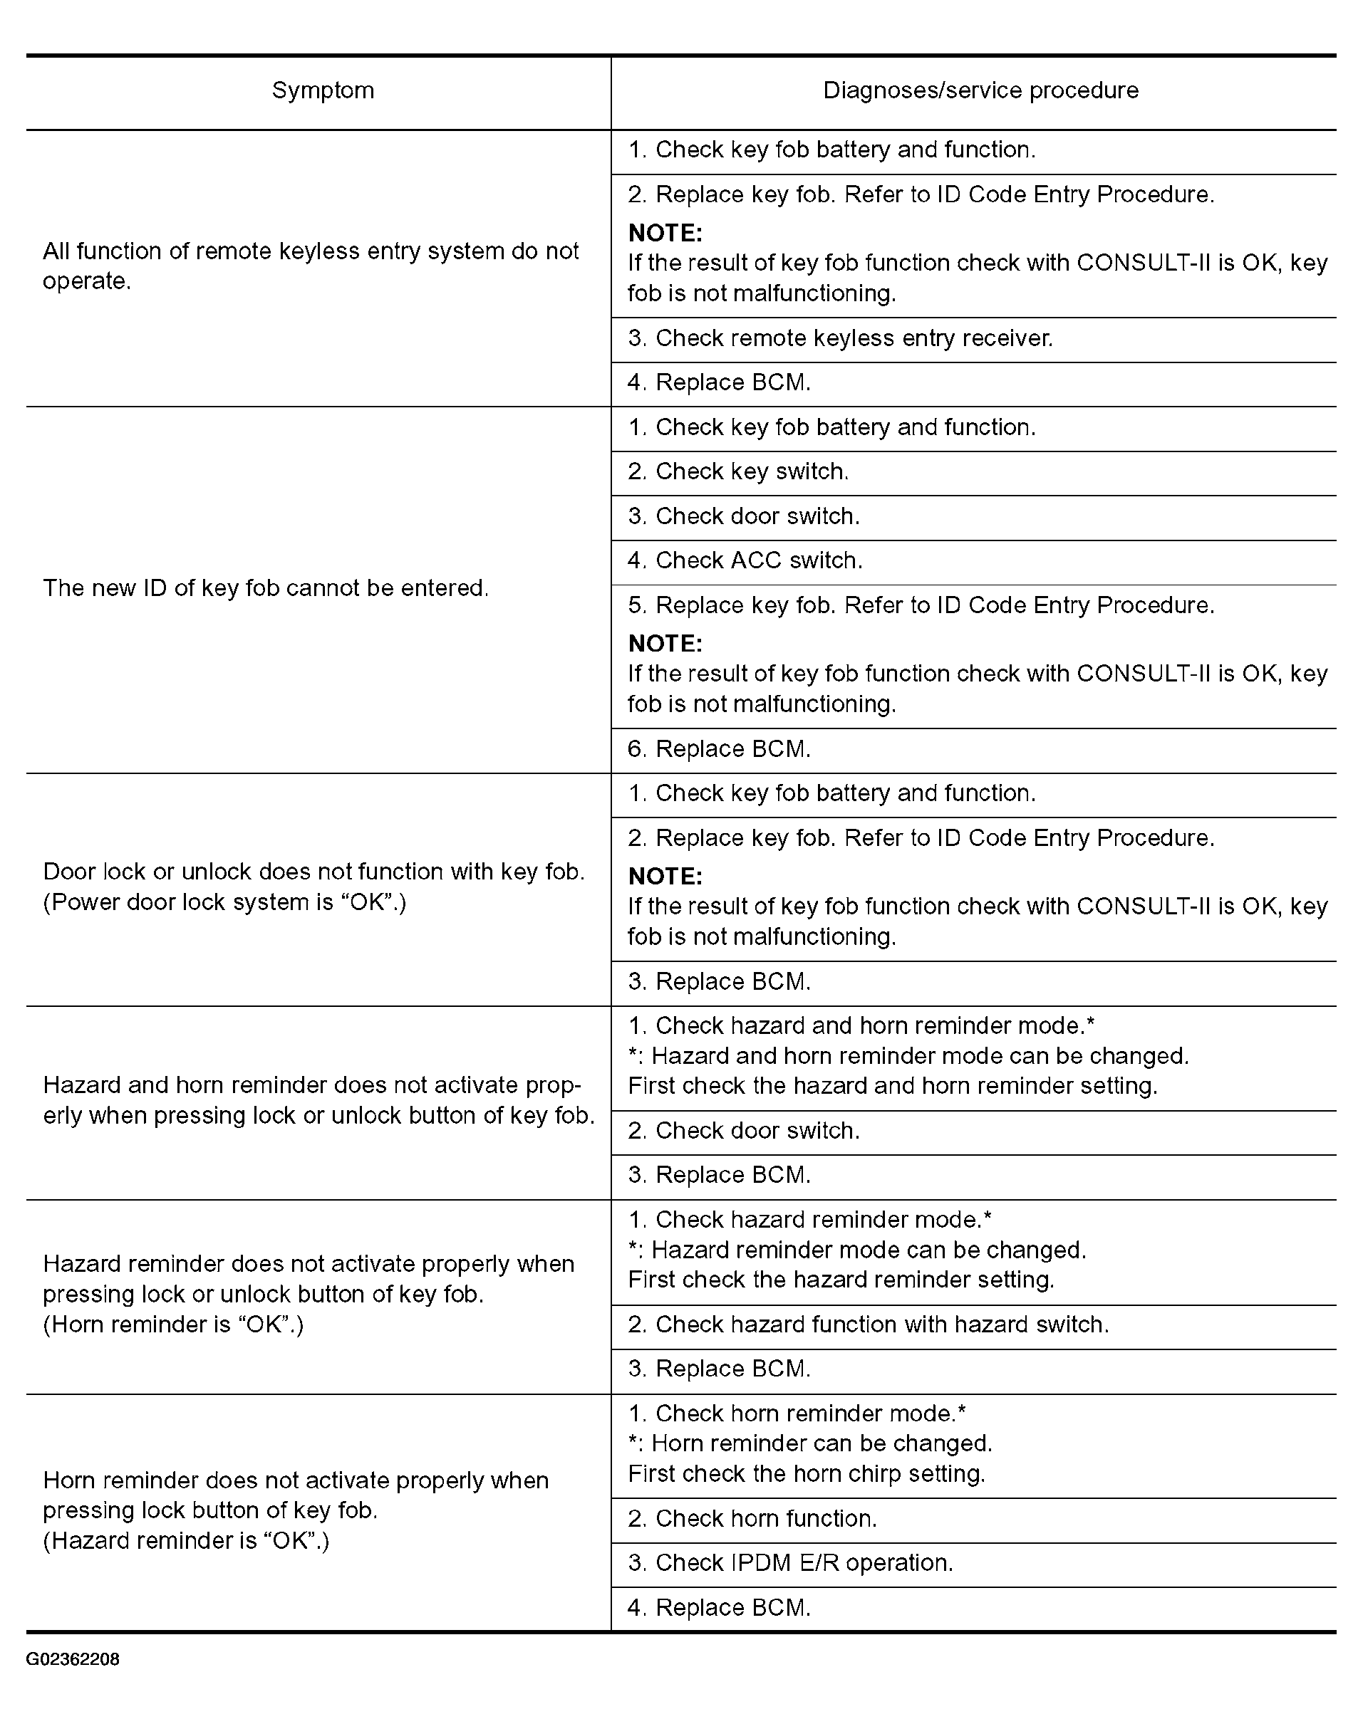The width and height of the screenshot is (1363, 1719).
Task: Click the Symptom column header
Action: click(322, 91)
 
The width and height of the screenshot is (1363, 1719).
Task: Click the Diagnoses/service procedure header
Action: click(980, 91)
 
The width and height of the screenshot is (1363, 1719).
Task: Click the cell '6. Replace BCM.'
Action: click(719, 749)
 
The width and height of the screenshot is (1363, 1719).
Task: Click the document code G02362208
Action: click(73, 1659)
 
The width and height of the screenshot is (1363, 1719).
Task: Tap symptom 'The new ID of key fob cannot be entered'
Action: click(266, 588)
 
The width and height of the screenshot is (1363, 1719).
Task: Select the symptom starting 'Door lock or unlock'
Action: click(313, 872)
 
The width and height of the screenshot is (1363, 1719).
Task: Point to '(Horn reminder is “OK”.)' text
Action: click(173, 1324)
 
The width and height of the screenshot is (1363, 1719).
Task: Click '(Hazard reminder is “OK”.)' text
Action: click(186, 1540)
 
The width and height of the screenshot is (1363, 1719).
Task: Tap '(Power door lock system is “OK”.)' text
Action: click(224, 902)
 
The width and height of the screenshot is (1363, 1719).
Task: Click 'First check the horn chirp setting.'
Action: click(807, 1473)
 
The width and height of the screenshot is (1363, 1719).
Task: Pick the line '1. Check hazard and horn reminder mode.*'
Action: click(861, 1026)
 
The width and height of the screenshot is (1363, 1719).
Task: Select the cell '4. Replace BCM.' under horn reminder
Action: click(719, 1607)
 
